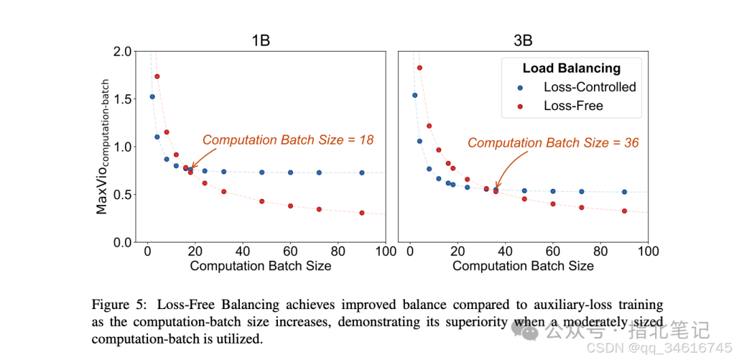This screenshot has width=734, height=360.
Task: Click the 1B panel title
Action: click(x=260, y=40)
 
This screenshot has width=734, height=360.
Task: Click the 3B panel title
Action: click(x=523, y=40)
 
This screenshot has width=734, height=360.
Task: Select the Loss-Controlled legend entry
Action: click(x=589, y=87)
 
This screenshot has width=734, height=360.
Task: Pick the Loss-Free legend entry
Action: click(x=573, y=106)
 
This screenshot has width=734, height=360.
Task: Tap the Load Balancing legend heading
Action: click(x=571, y=68)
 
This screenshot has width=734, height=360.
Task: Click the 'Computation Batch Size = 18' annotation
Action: click(x=288, y=140)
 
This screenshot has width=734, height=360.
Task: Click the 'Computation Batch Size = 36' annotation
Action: click(x=553, y=143)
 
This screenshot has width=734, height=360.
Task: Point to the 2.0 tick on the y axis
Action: click(x=122, y=52)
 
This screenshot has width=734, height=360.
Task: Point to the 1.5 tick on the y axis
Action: click(x=122, y=99)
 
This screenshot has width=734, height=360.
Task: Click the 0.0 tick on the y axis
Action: click(x=122, y=242)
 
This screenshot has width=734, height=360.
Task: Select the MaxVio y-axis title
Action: click(x=102, y=146)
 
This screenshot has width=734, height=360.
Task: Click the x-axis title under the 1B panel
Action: click(x=260, y=266)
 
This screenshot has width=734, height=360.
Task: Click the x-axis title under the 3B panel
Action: click(x=523, y=266)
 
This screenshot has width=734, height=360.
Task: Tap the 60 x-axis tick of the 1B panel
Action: click(x=290, y=251)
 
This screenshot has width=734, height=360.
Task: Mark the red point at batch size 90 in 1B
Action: click(x=362, y=213)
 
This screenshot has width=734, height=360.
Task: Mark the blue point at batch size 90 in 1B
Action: click(x=362, y=173)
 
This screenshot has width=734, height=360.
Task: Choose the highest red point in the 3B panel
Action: click(x=419, y=67)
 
